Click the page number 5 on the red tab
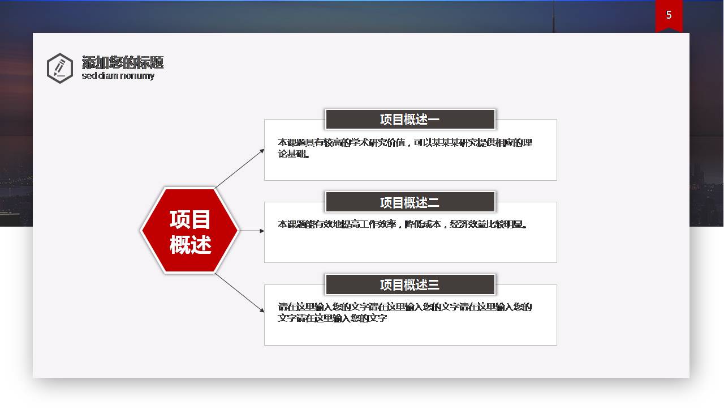tap(669, 15)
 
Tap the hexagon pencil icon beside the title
tap(59, 68)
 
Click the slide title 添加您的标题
tap(122, 62)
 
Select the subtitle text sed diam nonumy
tap(118, 76)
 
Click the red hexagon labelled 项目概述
tap(189, 231)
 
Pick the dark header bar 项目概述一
tap(410, 120)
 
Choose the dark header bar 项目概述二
tap(410, 202)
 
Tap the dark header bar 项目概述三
tap(410, 284)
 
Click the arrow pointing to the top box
tap(239, 168)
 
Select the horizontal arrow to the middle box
tap(251, 231)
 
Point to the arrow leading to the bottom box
tap(239, 292)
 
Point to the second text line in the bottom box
tap(333, 318)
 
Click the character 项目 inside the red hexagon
tap(190, 219)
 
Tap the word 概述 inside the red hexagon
tap(190, 245)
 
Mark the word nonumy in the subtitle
tap(137, 76)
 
